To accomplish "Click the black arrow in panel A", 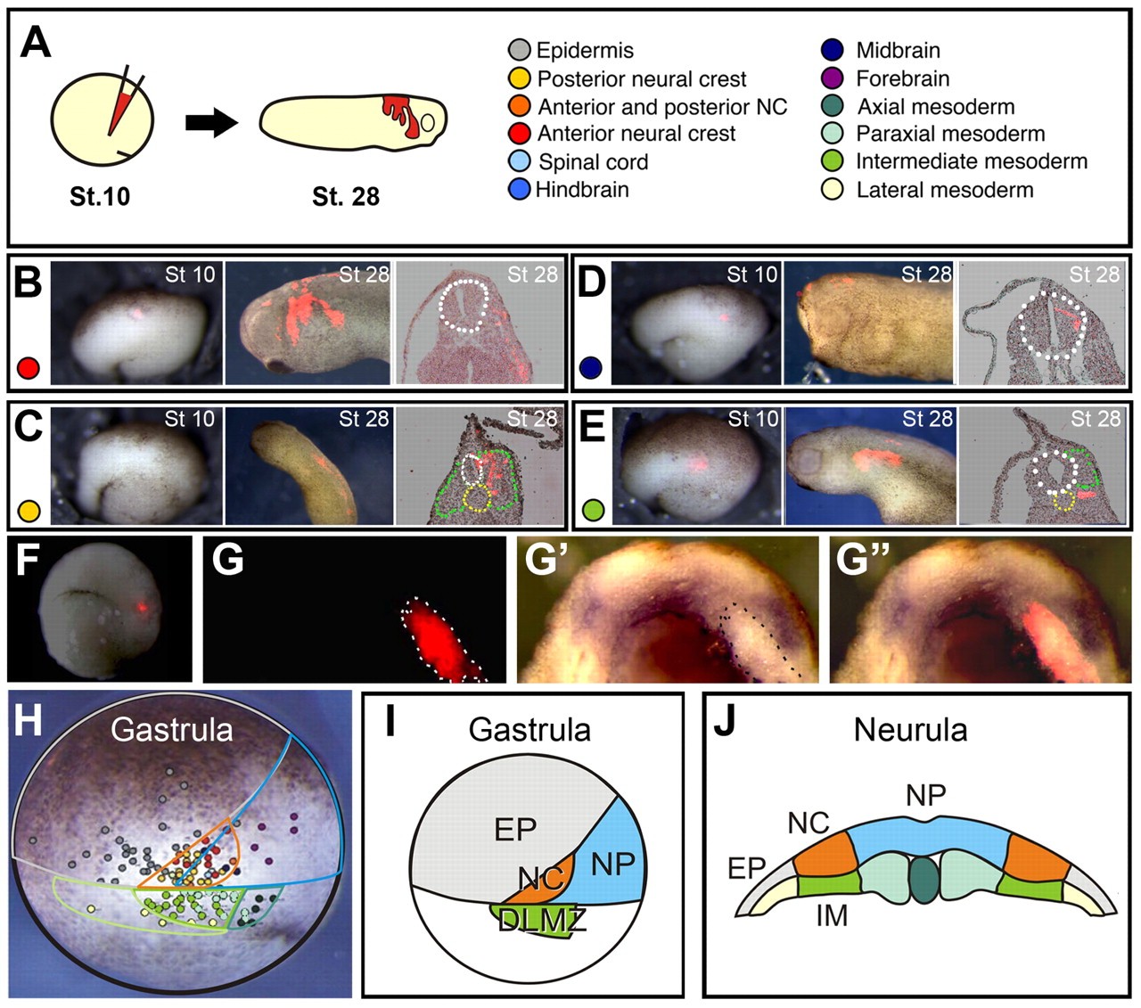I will tap(211, 123).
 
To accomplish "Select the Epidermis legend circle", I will tap(519, 50).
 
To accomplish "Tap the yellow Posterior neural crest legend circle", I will tap(519, 78).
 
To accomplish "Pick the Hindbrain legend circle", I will tap(519, 189).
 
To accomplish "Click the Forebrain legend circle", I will tap(832, 78).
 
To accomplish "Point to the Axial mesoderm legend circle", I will tap(832, 107).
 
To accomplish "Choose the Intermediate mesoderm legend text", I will tap(972, 161).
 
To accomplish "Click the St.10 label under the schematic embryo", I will tap(100, 196).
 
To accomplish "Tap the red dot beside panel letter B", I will tap(29, 367).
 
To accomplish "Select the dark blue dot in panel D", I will tap(591, 367).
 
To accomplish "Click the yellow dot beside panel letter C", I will tap(29, 511).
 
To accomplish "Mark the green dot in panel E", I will tap(593, 511).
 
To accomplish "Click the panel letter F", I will tap(28, 561).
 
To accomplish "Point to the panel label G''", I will tap(863, 561).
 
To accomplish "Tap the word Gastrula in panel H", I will tap(171, 730).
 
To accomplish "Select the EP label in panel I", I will tap(514, 830).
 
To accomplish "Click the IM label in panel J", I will tap(832, 914).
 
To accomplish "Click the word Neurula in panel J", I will tap(910, 730).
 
